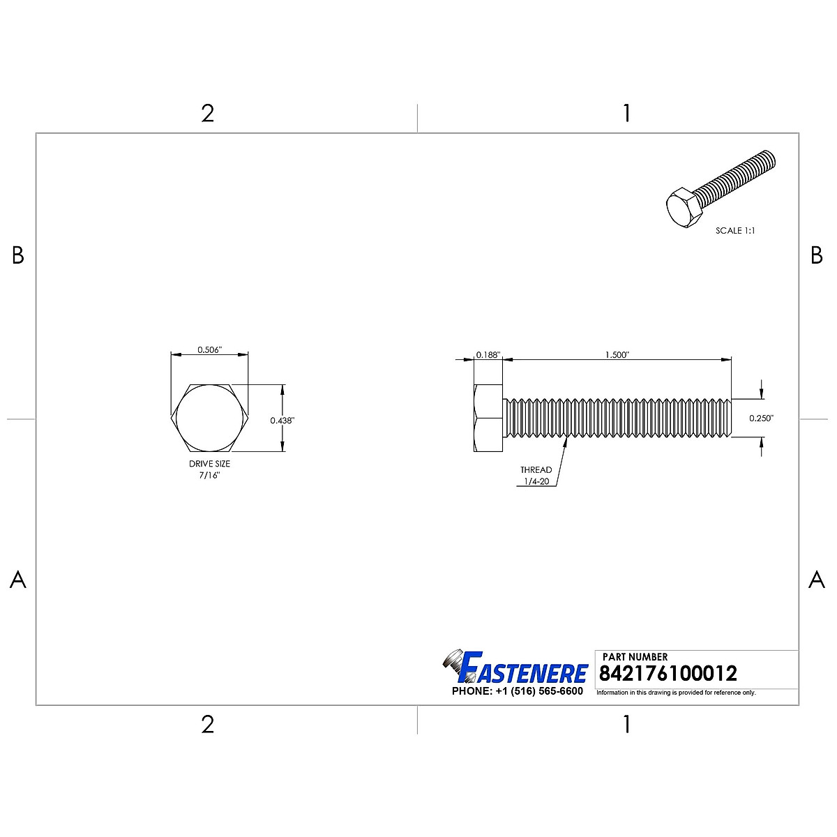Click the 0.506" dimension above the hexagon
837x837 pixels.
209,350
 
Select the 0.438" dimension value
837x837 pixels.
282,421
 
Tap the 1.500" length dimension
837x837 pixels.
617,355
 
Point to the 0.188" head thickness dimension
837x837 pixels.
488,355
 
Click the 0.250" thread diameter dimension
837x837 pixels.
762,418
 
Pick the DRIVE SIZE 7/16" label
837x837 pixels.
209,469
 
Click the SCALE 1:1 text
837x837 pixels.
735,230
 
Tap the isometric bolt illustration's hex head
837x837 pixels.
684,208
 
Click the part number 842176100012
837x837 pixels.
668,674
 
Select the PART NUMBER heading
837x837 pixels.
635,656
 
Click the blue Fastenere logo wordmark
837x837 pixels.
523,672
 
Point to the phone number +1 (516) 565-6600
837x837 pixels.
517,691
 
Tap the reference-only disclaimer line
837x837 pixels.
676,693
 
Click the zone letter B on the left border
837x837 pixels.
18,256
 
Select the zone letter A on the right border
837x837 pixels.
816,580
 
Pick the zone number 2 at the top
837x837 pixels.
207,114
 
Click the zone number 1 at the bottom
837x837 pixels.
626,725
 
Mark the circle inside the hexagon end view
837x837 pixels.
209,418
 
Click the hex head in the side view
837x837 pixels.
488,418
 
